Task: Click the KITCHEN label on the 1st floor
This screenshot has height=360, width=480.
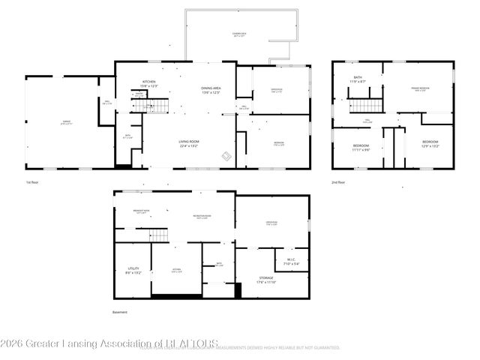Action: click(148, 82)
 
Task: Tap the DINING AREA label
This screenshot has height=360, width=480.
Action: click(211, 89)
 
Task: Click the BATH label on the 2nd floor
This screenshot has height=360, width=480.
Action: click(358, 77)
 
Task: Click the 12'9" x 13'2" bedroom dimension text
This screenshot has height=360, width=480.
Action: click(430, 145)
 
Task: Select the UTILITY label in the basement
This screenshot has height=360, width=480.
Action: click(132, 268)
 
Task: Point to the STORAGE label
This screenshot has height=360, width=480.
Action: click(266, 279)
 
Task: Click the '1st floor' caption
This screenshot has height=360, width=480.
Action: click(31, 182)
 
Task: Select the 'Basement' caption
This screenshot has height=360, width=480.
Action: click(120, 312)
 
